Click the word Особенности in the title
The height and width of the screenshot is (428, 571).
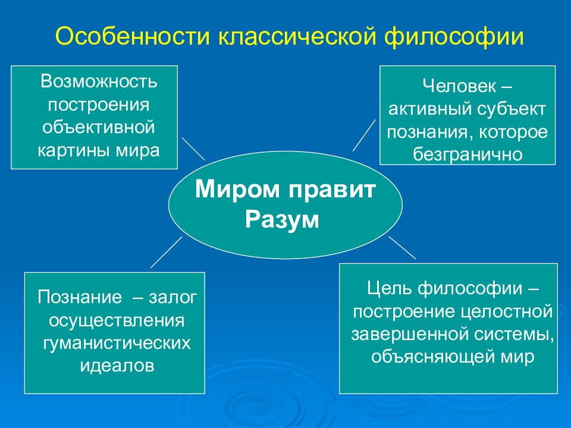point(133,36)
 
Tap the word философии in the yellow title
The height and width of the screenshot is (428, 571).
point(454,36)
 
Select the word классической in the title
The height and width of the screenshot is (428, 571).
point(297,36)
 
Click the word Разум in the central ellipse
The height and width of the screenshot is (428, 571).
point(282,220)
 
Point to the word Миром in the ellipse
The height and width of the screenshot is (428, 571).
point(237,189)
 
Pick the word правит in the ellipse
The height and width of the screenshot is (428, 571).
point(332,191)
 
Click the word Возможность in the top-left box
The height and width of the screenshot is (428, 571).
point(99,81)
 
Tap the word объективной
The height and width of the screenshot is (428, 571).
point(99,127)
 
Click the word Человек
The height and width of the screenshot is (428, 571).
point(460,86)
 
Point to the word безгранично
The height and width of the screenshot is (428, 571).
point(468,155)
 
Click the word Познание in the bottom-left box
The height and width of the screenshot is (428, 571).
point(80,297)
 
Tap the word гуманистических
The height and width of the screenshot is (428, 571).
point(117,343)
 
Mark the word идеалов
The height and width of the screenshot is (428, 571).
point(117,366)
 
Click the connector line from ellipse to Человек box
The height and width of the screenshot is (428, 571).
point(364,135)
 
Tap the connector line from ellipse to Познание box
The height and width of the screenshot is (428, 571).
point(167,252)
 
